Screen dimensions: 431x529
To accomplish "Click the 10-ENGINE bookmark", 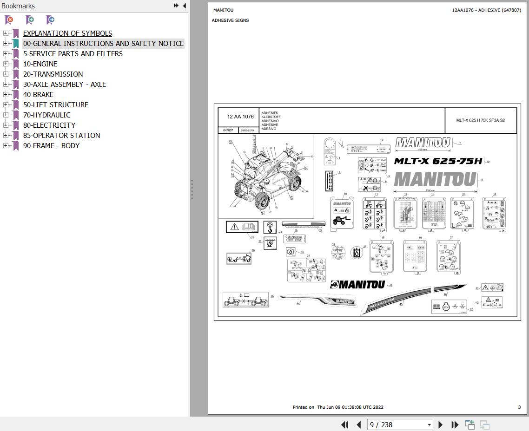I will (x=40, y=64).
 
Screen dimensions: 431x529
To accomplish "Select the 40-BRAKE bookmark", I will (x=38, y=95).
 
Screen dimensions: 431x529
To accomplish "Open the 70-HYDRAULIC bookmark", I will (x=46, y=115).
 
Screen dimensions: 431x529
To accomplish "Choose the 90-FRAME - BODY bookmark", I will (x=51, y=146).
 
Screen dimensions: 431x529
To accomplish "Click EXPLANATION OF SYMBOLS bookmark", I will (x=67, y=33).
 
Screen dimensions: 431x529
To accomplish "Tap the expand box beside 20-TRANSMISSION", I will (x=6, y=74).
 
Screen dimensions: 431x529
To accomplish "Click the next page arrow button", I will (x=440, y=424).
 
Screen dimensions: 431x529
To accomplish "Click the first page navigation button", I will (x=344, y=424).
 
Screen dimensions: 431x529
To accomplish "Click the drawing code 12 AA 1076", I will (x=240, y=117).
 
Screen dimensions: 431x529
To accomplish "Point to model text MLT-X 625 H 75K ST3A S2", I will (x=480, y=120).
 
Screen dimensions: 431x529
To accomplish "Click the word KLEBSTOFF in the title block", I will (x=271, y=117).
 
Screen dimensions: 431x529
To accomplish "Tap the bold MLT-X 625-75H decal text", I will (x=438, y=161).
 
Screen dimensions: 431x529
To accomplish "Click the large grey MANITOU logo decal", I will (x=435, y=179).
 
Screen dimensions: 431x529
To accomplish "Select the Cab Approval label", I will (x=294, y=238).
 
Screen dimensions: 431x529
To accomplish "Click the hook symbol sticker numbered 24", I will (x=270, y=227).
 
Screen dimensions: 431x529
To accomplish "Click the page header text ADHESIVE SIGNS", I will (x=230, y=20).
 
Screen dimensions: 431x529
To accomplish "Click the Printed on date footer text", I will (x=338, y=407).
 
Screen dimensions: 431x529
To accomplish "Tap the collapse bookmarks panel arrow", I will (x=185, y=6).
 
